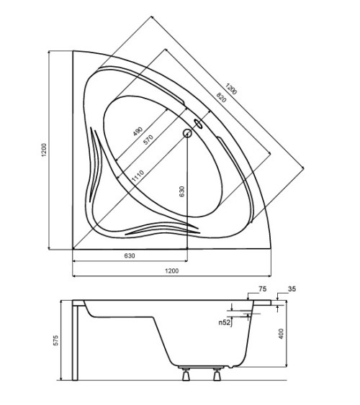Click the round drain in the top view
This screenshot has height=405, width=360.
tap(187, 133)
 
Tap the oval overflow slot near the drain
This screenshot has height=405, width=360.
tap(199, 124)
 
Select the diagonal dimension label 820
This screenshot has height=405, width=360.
tap(221, 98)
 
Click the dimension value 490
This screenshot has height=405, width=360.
tap(138, 132)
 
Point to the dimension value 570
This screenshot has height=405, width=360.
tap(148, 140)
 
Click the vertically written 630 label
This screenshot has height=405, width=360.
tap(182, 191)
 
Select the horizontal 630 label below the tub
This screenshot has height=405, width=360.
tap(130, 255)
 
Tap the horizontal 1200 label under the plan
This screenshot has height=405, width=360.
tap(171, 270)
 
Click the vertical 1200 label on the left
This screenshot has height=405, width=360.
tap(44, 150)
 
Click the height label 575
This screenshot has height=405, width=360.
tap(55, 340)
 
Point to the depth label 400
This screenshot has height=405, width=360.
tap(282, 334)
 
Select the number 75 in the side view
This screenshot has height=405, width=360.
tap(262, 289)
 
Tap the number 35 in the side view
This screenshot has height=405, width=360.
tap(292, 289)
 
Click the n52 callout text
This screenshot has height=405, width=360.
tap(225, 322)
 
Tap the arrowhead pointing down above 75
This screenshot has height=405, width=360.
tap(248, 298)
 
